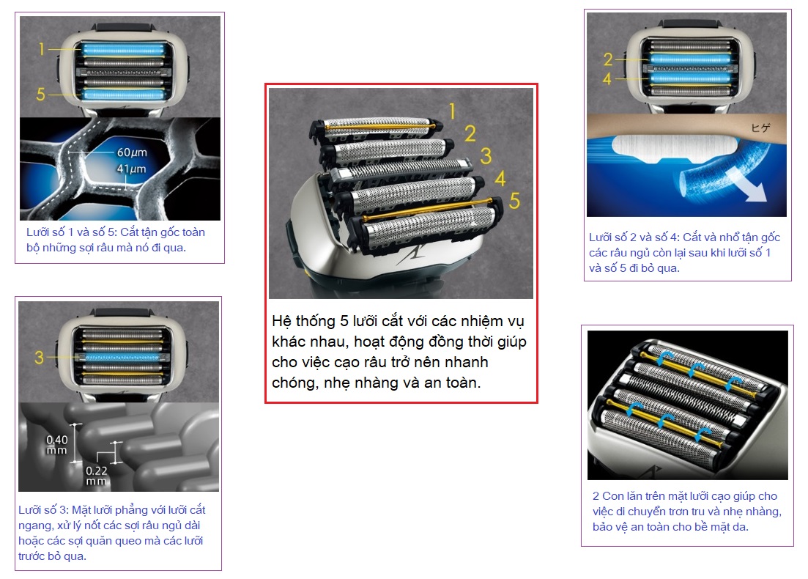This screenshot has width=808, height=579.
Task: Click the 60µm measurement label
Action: coord(132,152)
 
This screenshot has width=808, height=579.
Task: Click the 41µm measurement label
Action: coord(131,169)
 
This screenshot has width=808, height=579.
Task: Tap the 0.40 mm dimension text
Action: coord(56,444)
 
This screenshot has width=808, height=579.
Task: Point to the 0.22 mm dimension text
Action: coord(97,476)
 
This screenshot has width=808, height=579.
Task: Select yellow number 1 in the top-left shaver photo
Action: coord(41,49)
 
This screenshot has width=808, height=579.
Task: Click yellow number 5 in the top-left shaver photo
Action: coord(41,95)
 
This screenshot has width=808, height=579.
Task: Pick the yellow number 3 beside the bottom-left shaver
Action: coord(39,358)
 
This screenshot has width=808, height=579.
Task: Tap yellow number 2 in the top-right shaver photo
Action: coord(608,59)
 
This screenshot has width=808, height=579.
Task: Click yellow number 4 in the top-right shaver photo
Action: coord(607,79)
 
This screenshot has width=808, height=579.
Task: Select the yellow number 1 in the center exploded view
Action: coord(452,111)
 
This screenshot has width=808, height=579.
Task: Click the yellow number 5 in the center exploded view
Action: coord(514,201)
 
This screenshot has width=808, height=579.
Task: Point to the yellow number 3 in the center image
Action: coord(486,155)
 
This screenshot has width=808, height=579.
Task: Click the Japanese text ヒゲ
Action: coord(760,128)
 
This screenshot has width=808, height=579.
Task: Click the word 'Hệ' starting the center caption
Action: coord(281,321)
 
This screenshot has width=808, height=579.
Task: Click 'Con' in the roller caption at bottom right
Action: coord(612,496)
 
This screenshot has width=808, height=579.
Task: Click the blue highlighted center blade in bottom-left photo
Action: coord(122,358)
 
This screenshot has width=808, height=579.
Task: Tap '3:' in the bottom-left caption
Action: coord(64,510)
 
